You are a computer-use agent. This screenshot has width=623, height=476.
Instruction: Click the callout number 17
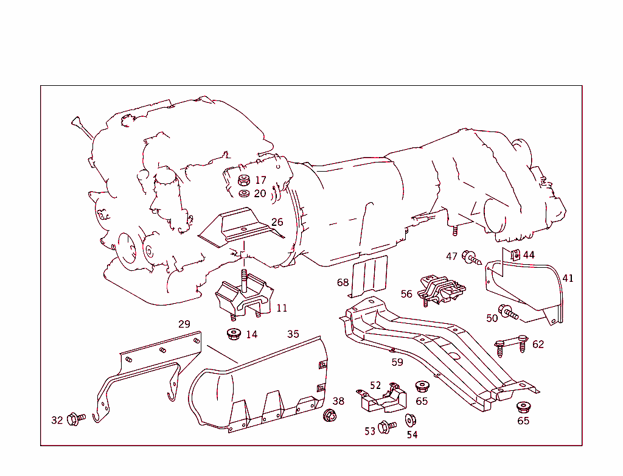click(260, 180)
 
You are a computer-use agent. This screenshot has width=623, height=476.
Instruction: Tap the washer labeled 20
click(244, 194)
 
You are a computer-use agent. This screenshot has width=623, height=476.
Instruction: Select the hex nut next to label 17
click(244, 180)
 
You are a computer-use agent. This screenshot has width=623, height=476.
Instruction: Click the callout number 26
click(277, 222)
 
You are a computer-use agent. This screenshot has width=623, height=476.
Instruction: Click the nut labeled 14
click(234, 334)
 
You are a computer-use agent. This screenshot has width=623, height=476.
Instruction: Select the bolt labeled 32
click(76, 419)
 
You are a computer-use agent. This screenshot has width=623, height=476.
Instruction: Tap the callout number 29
click(184, 324)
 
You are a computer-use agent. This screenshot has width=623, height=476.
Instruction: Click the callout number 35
click(293, 334)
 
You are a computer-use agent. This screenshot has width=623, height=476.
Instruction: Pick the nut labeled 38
click(329, 415)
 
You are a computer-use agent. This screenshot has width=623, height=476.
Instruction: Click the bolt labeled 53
click(387, 427)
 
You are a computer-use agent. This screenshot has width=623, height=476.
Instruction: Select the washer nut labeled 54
click(411, 421)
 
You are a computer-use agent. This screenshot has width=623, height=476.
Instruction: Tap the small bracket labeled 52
click(383, 398)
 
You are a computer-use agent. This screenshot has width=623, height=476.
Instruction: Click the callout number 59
click(397, 362)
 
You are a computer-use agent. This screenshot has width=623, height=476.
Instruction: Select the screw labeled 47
click(472, 257)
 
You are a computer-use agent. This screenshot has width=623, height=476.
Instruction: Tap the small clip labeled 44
click(515, 254)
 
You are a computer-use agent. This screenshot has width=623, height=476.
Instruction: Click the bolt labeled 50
click(508, 312)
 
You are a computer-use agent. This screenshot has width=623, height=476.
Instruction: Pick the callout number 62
click(538, 345)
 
